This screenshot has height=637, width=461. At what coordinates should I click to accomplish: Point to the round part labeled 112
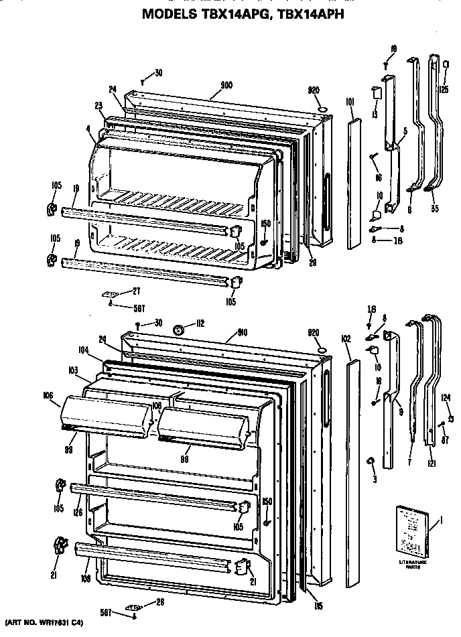(179, 329)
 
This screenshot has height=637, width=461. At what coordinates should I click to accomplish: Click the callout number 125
(444, 88)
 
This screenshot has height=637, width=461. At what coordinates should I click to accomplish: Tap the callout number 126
(79, 513)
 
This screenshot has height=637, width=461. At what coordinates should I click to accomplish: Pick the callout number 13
(375, 115)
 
